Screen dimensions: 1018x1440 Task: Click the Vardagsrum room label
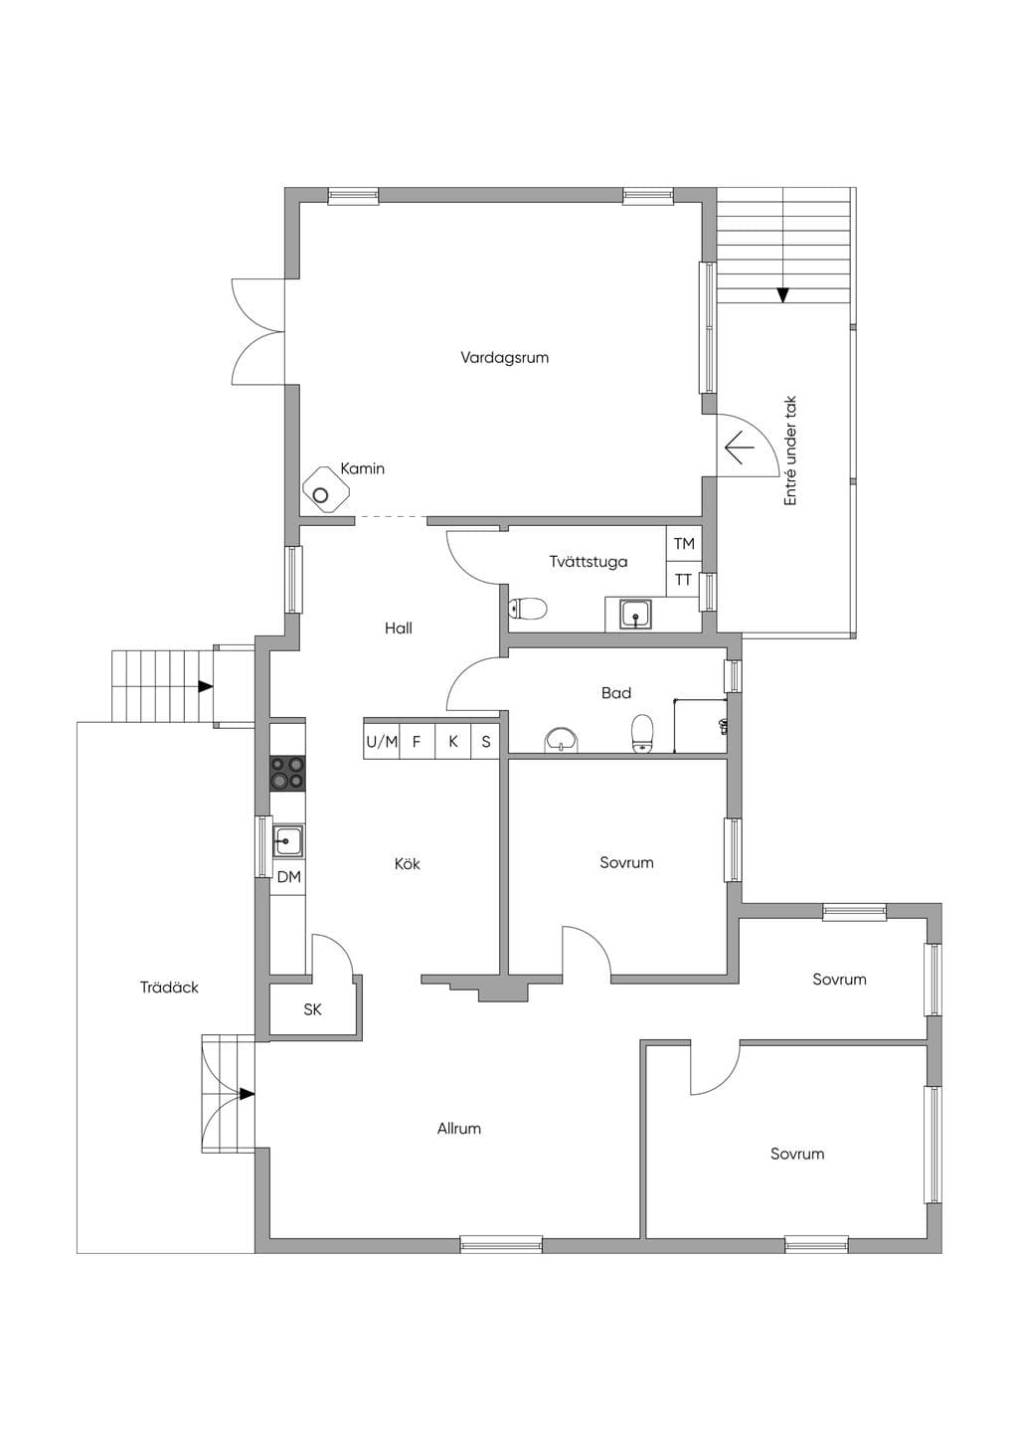504,357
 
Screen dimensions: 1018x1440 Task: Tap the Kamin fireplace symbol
326,489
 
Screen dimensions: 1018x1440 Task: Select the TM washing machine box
684,544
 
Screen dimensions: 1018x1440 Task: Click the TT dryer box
683,579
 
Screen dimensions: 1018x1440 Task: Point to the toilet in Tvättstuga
528,608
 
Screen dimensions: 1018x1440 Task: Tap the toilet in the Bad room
642,734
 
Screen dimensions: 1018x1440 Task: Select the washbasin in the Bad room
563,741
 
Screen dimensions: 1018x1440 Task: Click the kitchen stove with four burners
287,774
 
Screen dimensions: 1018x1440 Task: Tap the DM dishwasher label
288,877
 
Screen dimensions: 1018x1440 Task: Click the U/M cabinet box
382,742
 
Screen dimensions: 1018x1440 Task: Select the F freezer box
418,742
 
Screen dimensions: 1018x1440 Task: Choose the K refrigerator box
453,742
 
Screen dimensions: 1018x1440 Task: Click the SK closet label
312,1010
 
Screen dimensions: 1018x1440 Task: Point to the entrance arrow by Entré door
739,447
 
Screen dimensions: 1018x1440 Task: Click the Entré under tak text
790,450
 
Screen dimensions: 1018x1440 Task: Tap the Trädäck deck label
170,987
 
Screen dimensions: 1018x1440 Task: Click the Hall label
399,629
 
